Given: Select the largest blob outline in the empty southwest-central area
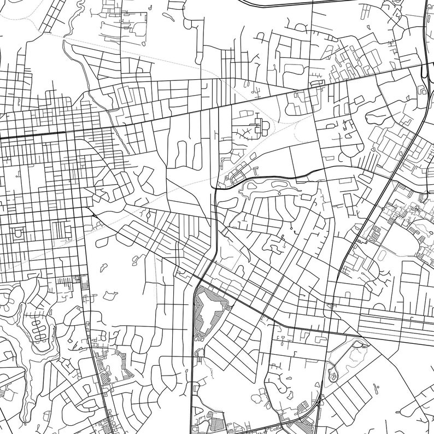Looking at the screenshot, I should coord(110,296).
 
